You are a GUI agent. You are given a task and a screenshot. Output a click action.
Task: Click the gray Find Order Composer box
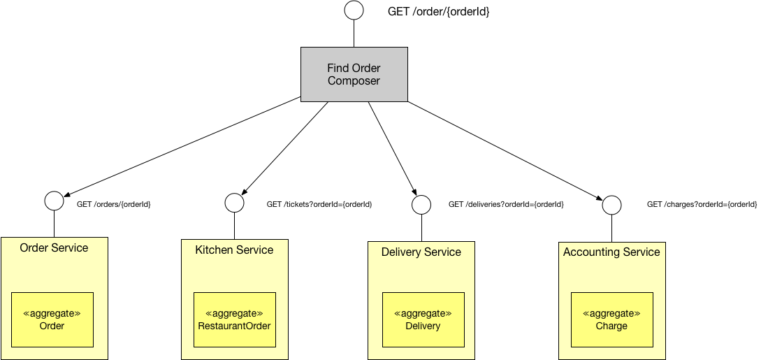click(354, 74)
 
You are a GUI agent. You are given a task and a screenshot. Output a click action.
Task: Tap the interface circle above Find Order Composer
click(354, 10)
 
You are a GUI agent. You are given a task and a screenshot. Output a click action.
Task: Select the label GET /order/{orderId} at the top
click(438, 12)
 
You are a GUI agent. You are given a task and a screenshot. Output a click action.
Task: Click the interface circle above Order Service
click(54, 201)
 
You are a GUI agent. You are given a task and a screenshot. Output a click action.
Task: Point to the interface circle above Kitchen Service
click(234, 203)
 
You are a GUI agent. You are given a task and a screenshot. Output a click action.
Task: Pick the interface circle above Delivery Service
click(421, 205)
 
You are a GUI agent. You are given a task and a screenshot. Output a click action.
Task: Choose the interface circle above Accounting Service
click(611, 205)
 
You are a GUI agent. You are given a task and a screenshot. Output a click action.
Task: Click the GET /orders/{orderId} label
click(114, 204)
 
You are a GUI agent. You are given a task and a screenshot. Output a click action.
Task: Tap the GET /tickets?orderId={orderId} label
click(319, 204)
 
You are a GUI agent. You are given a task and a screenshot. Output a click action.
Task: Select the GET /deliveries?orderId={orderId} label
click(506, 204)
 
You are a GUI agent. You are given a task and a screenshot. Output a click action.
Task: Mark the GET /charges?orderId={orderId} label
click(702, 204)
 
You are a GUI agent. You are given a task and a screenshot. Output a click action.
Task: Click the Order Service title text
click(54, 248)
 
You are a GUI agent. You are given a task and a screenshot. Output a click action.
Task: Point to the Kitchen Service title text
click(234, 250)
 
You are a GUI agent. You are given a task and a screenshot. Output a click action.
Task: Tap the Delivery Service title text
click(421, 252)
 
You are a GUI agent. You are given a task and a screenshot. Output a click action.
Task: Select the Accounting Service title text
click(611, 252)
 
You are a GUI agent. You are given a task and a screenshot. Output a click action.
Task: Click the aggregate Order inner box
click(52, 319)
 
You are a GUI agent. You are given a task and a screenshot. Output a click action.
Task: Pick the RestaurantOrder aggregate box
click(234, 319)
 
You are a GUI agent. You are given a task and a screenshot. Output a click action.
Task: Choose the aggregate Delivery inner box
click(423, 319)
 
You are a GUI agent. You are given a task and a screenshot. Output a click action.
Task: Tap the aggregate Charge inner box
click(611, 319)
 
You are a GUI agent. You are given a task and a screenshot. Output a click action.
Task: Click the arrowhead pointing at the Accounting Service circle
click(599, 199)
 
